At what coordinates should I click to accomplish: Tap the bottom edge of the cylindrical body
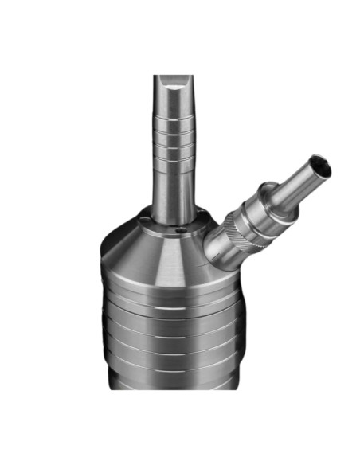tap(171, 388)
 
